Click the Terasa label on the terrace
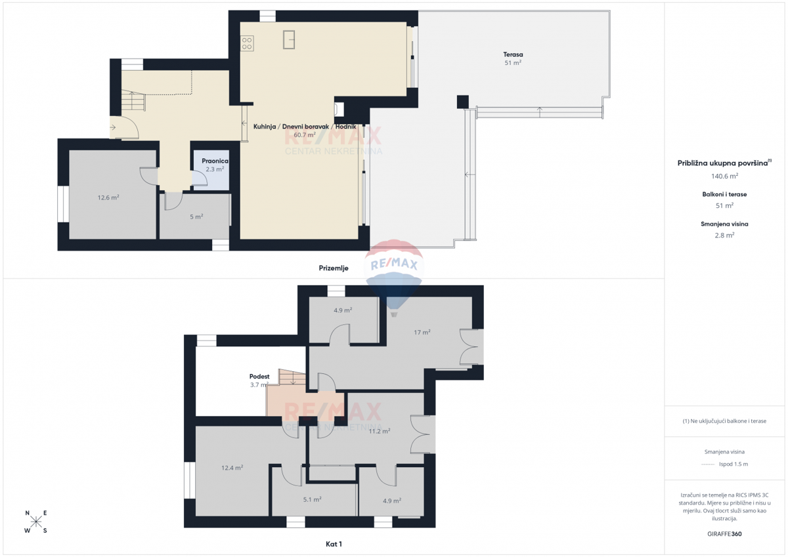513,54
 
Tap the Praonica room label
215,160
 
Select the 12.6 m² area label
108,197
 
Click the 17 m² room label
422,333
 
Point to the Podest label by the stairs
259,377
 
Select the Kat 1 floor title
334,544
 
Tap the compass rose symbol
36,522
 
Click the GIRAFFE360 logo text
724,534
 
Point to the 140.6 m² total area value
724,176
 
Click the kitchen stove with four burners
248,43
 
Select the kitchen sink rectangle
289,39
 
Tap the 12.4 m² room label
232,468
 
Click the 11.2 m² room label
379,431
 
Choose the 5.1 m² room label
312,499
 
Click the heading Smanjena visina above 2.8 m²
724,224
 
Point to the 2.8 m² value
724,235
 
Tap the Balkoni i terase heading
724,194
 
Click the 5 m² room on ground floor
196,217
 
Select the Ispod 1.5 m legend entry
733,464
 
